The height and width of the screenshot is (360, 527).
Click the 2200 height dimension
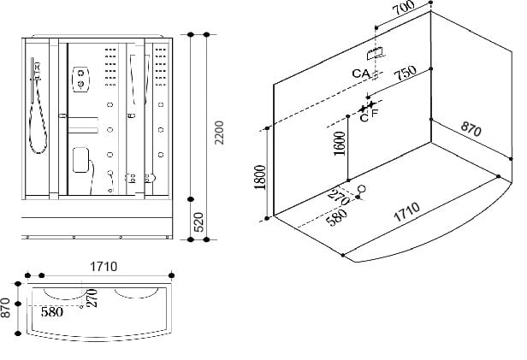coord(219,133)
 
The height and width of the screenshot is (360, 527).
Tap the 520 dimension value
coord(198,222)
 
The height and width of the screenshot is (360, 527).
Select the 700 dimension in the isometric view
coord(404,8)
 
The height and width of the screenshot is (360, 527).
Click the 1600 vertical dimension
coord(340,144)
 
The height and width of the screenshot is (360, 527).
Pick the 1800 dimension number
coord(260,177)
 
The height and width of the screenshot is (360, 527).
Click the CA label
coord(361,74)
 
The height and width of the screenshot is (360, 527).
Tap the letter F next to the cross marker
coord(375,113)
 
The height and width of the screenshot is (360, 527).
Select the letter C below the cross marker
coord(364,118)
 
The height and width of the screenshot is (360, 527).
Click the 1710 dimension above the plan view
coord(104,267)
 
